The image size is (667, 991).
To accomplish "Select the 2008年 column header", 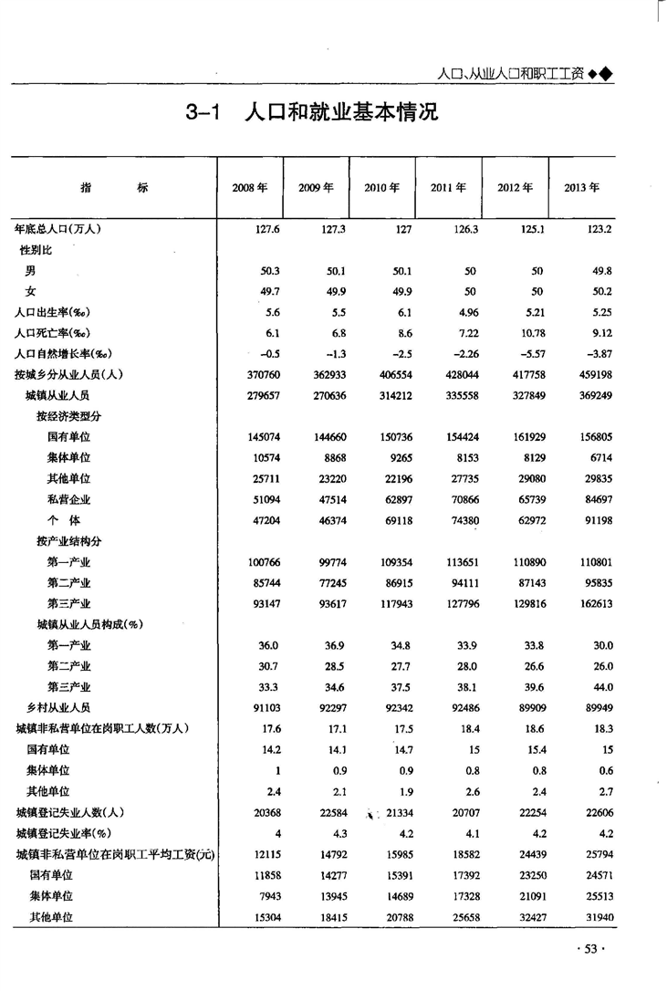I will point(249,188).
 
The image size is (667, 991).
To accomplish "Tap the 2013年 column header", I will point(581,188).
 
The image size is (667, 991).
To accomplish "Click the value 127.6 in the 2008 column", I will point(266,229).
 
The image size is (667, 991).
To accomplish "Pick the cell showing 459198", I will point(592,375).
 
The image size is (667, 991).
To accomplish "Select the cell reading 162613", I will point(592,603).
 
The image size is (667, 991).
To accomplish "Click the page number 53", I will point(590,950).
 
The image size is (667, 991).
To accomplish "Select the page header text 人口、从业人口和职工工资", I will point(510,74).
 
